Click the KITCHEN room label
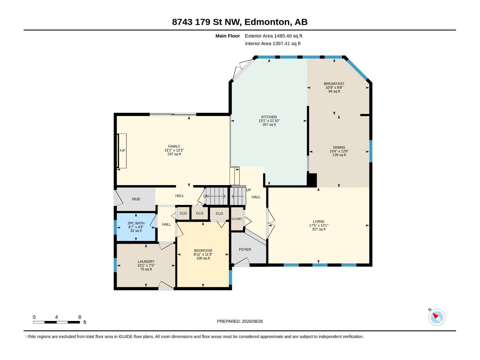click(x=269, y=117)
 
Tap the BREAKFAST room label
click(x=334, y=83)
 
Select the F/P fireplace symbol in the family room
click(x=122, y=151)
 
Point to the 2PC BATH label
click(x=136, y=223)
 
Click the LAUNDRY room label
click(x=146, y=261)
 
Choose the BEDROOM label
click(x=203, y=250)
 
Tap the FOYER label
click(x=245, y=249)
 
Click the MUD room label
click(x=136, y=199)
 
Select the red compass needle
click(x=435, y=316)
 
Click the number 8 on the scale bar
click(x=79, y=317)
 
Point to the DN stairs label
click(x=206, y=196)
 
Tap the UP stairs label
click(x=248, y=190)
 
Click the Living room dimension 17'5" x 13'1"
click(x=319, y=225)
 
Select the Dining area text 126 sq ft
click(x=339, y=155)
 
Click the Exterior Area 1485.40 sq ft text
click(x=273, y=36)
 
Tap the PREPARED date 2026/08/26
click(x=252, y=321)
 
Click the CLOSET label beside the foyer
click(x=237, y=219)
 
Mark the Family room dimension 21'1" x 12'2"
click(x=174, y=150)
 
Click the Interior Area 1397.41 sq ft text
click(x=272, y=43)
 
